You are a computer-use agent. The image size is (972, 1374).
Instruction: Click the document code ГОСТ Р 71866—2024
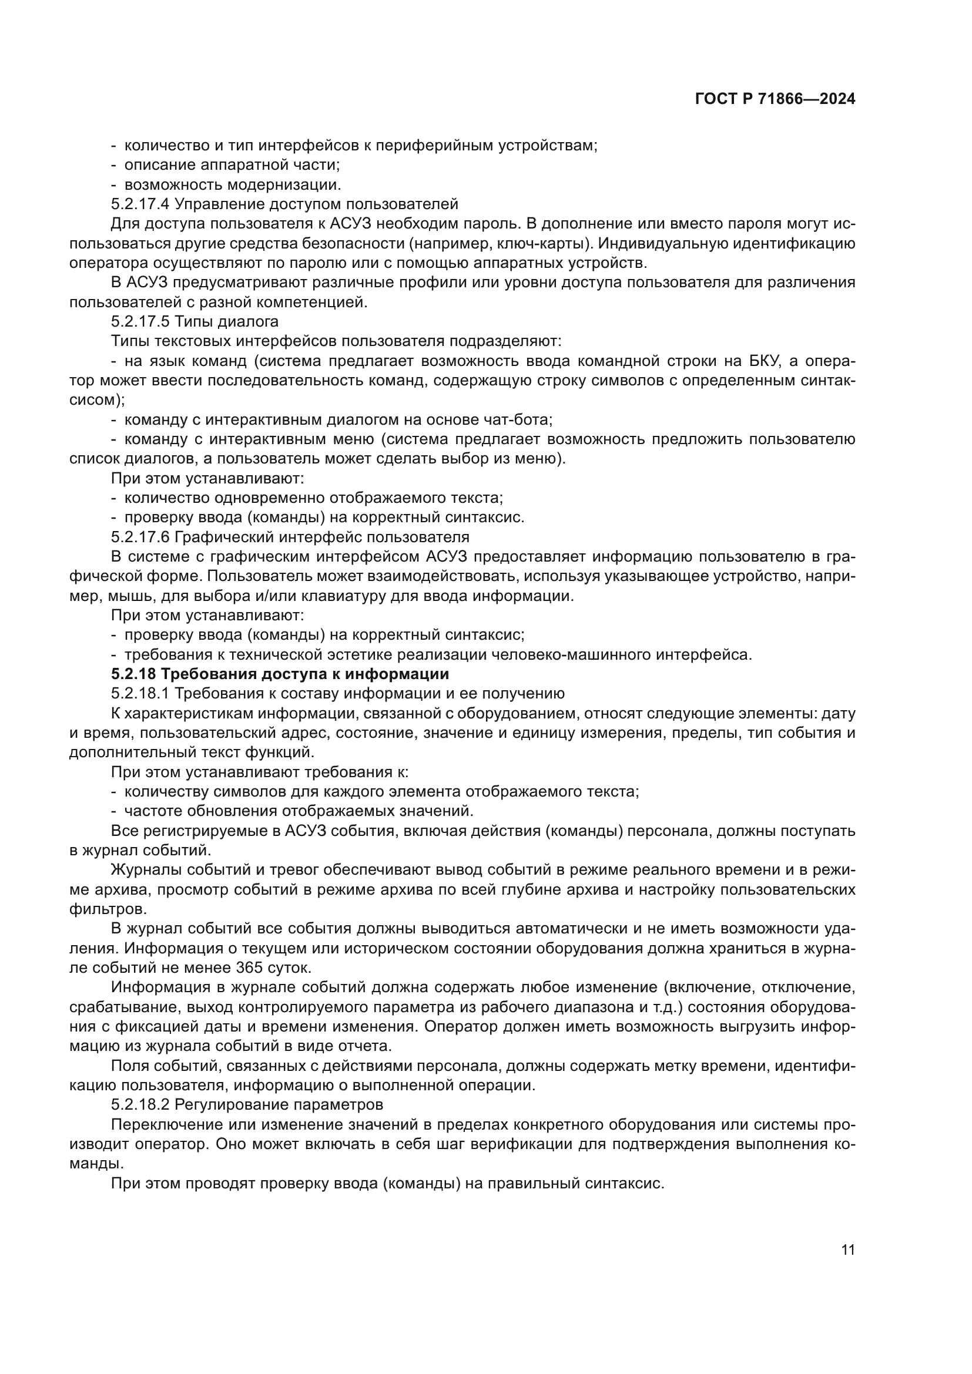click(775, 99)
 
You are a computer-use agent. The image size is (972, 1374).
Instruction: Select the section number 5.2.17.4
click(140, 204)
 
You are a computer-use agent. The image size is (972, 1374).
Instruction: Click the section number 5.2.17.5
click(140, 322)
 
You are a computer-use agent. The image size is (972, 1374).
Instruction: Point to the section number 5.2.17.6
click(140, 537)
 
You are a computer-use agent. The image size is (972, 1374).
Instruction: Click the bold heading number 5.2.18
click(133, 674)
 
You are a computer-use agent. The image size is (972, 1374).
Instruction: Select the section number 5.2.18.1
click(140, 694)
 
